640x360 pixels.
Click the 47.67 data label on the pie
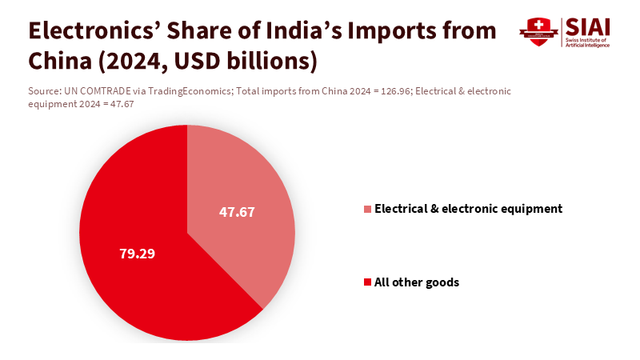(237, 212)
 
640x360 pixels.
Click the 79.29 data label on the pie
(137, 254)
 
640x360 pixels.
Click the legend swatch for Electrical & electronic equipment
(367, 209)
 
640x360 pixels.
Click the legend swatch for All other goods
(367, 282)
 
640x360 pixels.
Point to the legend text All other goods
(417, 282)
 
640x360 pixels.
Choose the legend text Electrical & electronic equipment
(469, 209)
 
